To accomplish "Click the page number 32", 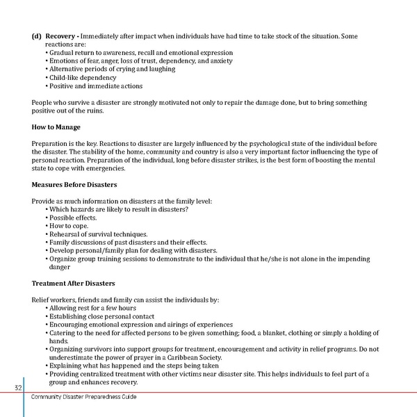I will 18,387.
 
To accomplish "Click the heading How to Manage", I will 56,127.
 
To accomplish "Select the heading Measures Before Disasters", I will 74,185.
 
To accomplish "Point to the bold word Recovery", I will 60,35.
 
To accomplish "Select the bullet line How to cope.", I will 67,226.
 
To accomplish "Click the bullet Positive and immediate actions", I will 94,86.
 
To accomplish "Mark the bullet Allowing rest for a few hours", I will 92,308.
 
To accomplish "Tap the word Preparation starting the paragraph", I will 52,143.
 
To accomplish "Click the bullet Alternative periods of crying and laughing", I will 111,69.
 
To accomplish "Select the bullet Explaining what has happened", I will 132,366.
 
